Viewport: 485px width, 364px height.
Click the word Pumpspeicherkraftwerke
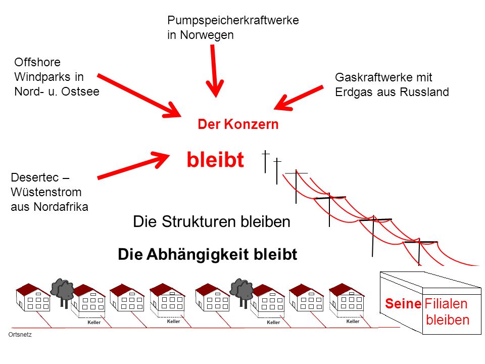coord(233,21)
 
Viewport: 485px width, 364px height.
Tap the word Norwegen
coord(207,35)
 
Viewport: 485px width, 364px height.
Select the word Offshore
coord(37,62)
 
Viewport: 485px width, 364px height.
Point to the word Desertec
coord(35,177)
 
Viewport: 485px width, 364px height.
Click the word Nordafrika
coord(61,207)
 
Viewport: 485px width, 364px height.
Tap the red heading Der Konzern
coord(238,124)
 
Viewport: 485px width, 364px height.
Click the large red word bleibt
coord(215,160)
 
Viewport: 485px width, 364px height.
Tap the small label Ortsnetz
coord(20,335)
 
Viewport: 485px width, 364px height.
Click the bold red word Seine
coord(403,304)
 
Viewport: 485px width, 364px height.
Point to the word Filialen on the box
coord(446,304)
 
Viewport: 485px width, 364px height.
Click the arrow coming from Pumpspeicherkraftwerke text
coord(214,71)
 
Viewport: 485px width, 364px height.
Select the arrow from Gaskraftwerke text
coord(299,98)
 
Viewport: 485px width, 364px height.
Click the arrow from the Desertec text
coord(133,165)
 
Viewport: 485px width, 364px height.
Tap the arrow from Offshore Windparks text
coord(139,96)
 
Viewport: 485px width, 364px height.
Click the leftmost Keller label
coord(94,323)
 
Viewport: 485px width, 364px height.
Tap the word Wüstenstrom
coord(46,192)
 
